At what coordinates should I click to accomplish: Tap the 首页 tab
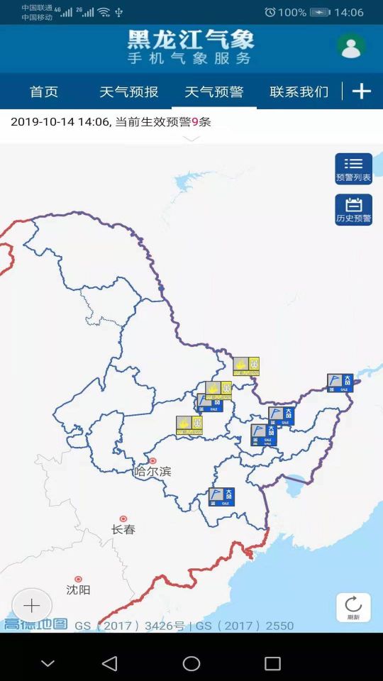tap(43, 92)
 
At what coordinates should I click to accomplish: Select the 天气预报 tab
tap(128, 92)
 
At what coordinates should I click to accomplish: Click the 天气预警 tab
tap(213, 92)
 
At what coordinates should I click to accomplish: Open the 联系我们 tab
tap(299, 92)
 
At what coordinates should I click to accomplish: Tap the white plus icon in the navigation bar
tap(362, 92)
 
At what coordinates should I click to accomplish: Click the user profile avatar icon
tap(350, 47)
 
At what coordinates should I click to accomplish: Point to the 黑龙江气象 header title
tap(190, 40)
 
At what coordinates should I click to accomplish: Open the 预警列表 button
tap(353, 169)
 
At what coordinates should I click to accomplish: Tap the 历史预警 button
tap(353, 210)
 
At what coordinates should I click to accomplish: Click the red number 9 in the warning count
tap(194, 122)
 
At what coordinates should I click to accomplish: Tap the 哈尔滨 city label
tap(152, 471)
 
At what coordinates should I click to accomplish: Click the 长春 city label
tap(123, 529)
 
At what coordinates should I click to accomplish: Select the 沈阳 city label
tap(78, 589)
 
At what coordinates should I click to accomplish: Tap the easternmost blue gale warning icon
tap(340, 383)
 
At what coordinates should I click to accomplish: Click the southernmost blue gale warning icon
tap(221, 497)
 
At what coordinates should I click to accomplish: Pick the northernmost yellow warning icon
tap(246, 366)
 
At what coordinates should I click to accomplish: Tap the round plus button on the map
tap(32, 605)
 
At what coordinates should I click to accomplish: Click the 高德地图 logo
tap(35, 625)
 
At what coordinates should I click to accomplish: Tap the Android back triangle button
tap(109, 663)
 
